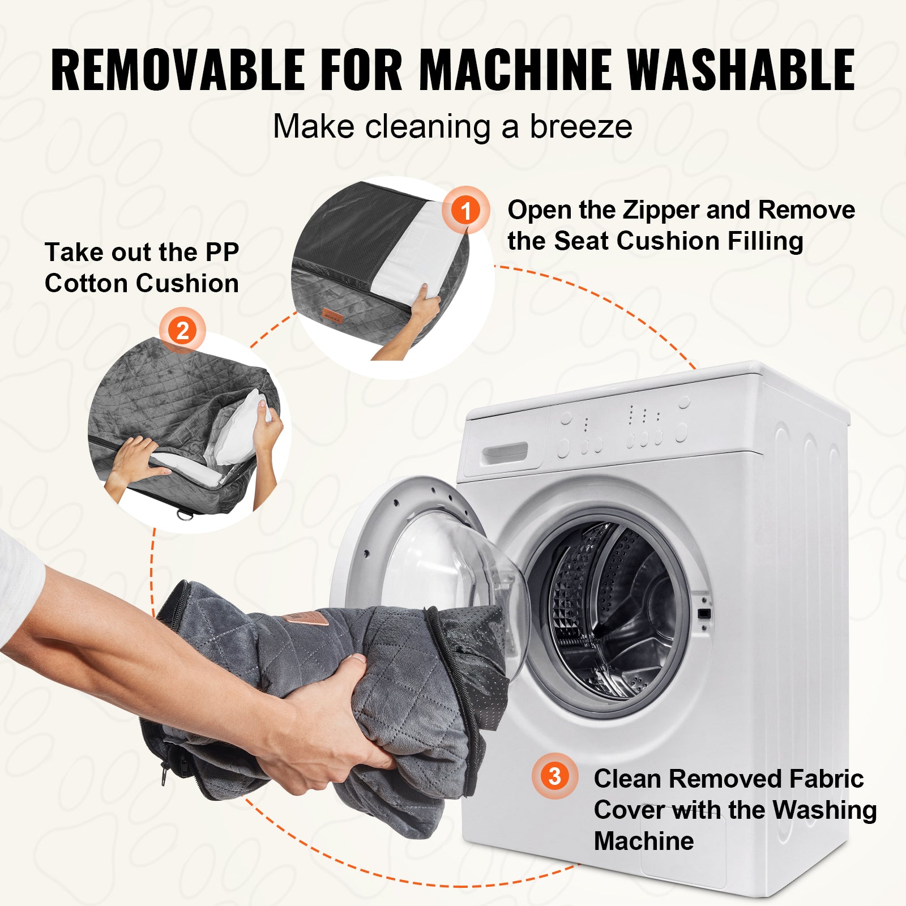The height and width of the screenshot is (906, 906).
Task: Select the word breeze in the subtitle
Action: (581, 126)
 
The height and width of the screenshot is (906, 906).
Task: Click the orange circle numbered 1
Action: (465, 210)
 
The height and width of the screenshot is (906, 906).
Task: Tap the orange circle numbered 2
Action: (182, 331)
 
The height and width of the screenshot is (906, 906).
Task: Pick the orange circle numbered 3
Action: (555, 776)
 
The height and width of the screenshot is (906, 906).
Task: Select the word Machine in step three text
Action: (644, 841)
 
